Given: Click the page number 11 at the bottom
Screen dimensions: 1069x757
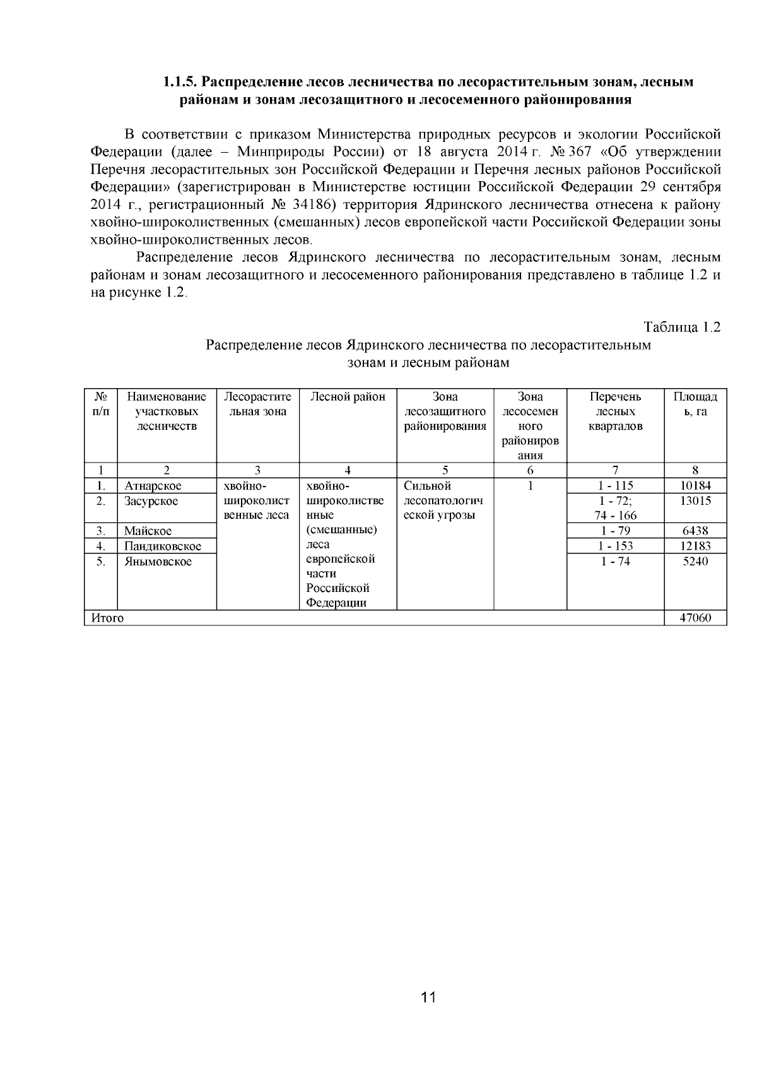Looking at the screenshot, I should click(x=428, y=998).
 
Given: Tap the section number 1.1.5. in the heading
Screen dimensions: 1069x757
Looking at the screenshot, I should click(x=181, y=82).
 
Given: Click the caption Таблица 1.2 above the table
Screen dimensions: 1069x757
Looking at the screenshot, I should click(x=681, y=327).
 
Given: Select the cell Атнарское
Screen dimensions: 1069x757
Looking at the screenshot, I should click(x=153, y=486).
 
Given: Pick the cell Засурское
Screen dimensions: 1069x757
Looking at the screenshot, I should click(x=151, y=501).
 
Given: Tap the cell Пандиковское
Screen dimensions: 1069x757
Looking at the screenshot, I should click(x=162, y=546).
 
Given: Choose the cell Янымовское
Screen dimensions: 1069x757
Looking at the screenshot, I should click(x=158, y=562).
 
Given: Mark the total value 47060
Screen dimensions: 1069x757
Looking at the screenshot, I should click(x=695, y=618).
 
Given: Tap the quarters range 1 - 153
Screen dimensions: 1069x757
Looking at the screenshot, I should click(x=615, y=546).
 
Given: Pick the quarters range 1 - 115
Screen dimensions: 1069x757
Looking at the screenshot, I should click(x=615, y=486).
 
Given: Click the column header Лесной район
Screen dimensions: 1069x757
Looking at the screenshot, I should click(x=348, y=397).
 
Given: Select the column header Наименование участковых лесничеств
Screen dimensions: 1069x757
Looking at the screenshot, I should click(x=167, y=411).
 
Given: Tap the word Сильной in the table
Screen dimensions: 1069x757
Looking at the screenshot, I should click(x=427, y=486).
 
